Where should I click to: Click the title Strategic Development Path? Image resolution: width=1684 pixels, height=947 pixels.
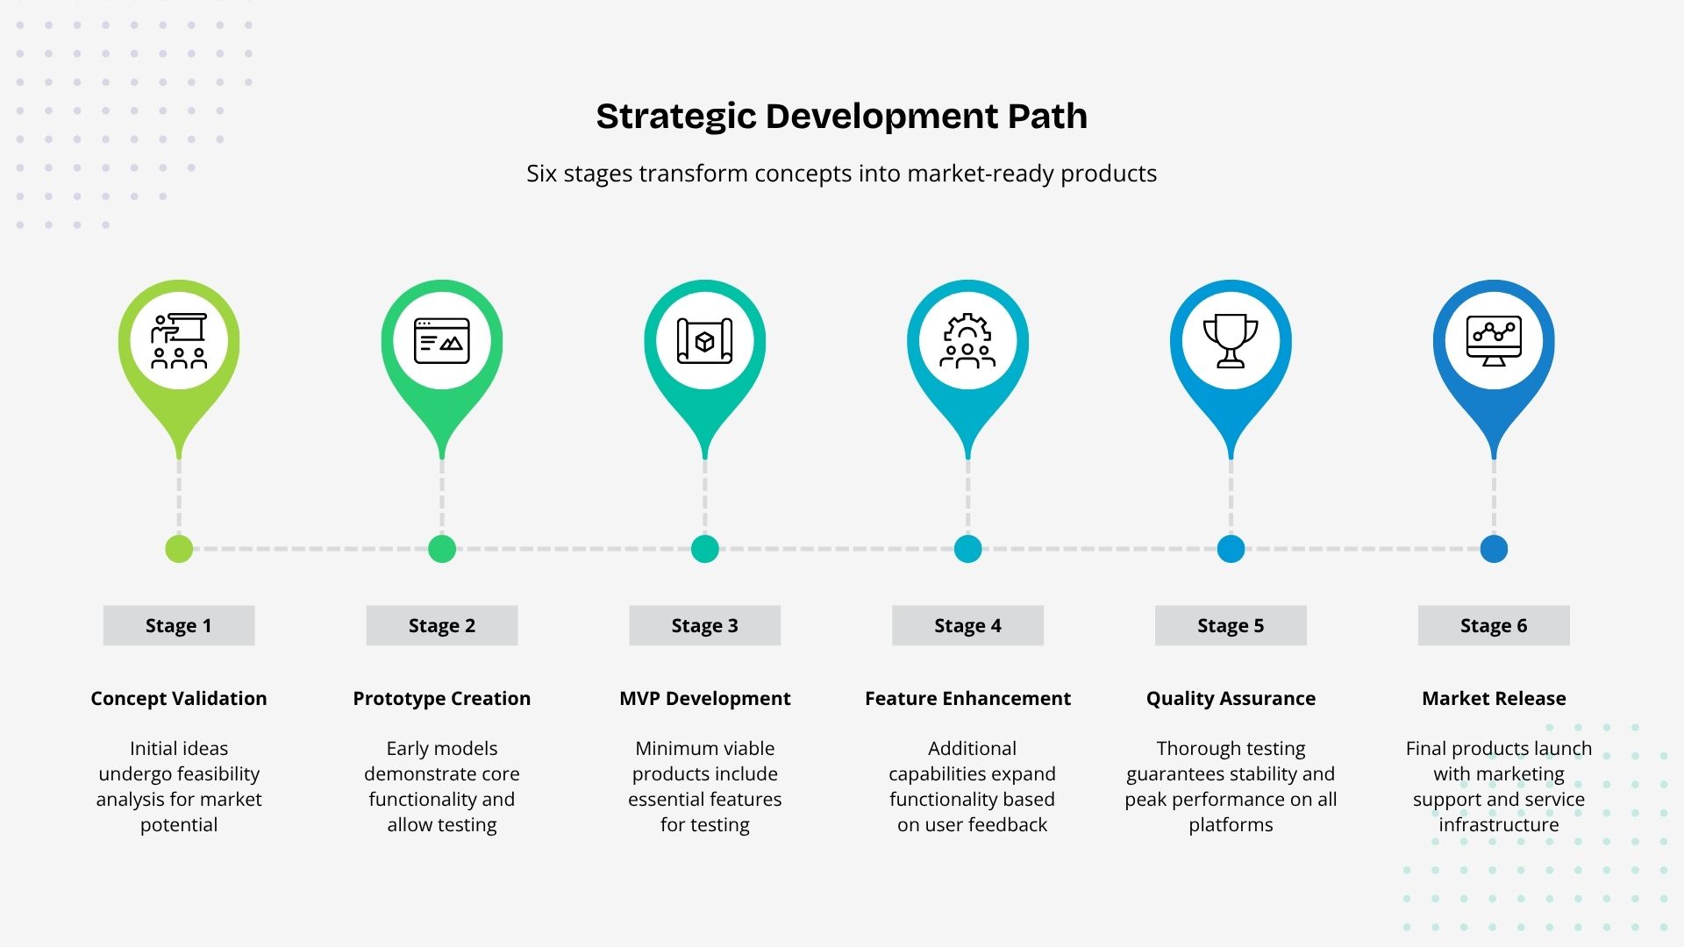pyautogui.click(x=842, y=117)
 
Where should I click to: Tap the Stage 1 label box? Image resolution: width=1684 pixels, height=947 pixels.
pyautogui.click(x=179, y=625)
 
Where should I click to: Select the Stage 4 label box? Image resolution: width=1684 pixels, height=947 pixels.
pyautogui.click(x=967, y=625)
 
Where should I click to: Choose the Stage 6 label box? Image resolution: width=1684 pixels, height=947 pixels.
pyautogui.click(x=1494, y=625)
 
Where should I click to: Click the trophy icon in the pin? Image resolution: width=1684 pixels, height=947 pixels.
pyautogui.click(x=1231, y=340)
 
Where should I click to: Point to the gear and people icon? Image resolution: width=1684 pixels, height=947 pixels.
pyautogui.click(x=967, y=340)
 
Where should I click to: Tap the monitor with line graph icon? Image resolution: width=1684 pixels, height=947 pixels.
pyautogui.click(x=1494, y=340)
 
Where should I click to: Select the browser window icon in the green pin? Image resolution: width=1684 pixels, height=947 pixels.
pyautogui.click(x=442, y=340)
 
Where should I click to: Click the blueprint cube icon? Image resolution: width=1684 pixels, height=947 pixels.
pyautogui.click(x=705, y=340)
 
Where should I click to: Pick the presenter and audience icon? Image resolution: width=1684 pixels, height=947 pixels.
pyautogui.click(x=179, y=340)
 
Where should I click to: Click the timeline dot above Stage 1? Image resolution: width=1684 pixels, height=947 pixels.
pyautogui.click(x=179, y=549)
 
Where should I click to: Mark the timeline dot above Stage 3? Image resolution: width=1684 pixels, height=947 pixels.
pyautogui.click(x=705, y=549)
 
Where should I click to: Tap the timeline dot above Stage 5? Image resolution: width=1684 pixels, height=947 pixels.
pyautogui.click(x=1231, y=549)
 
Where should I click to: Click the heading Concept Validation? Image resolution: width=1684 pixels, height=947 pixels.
pyautogui.click(x=179, y=698)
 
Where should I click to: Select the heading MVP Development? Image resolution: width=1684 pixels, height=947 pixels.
pyautogui.click(x=705, y=698)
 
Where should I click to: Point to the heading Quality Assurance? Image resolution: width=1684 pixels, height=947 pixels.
pyautogui.click(x=1231, y=698)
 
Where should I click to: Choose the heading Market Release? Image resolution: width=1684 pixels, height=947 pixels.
pyautogui.click(x=1494, y=698)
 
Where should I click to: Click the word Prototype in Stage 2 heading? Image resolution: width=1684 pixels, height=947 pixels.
pyautogui.click(x=396, y=699)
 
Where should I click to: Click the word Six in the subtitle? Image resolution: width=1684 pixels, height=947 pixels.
pyautogui.click(x=541, y=174)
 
